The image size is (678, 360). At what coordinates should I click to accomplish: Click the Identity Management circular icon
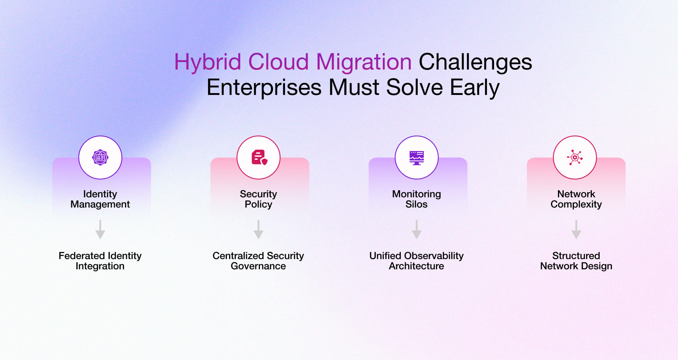100,157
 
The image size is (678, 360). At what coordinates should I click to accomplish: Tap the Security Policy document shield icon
259,157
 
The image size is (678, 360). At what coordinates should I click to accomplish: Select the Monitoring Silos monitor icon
417,157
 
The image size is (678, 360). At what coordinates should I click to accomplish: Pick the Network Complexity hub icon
575,157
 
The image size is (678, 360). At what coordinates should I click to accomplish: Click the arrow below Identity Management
100,230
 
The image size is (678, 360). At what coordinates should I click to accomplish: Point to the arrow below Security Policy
258,230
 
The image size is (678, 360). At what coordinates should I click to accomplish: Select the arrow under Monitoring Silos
417,230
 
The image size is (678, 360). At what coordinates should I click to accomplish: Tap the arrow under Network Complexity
576,230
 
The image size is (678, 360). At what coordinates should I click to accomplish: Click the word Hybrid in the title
208,62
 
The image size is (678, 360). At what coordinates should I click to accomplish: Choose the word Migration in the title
364,62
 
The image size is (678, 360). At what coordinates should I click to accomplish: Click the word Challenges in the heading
475,62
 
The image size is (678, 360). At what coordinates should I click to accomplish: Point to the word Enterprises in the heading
264,88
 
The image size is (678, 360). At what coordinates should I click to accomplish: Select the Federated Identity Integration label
100,261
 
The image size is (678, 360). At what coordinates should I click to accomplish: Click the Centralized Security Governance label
258,261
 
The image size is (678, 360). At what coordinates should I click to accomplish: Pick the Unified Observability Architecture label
416,261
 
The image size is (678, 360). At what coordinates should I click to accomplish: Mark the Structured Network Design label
576,261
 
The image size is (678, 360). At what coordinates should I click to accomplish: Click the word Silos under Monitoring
416,204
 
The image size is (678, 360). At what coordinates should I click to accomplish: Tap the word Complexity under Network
576,204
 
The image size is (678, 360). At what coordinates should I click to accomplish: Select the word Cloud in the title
278,62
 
